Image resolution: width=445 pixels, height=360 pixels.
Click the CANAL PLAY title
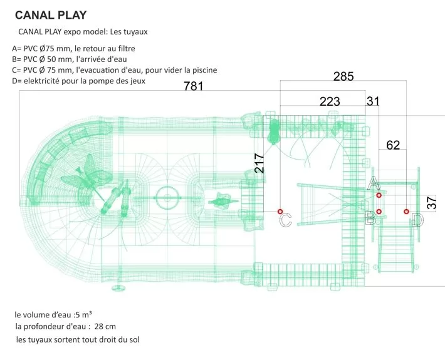click(x=50, y=14)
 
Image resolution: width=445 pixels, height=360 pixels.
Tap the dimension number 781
click(x=193, y=86)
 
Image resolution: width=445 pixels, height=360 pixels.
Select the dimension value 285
click(x=343, y=77)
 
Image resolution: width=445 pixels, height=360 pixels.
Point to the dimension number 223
click(x=330, y=101)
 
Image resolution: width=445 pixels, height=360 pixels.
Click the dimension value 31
click(x=373, y=101)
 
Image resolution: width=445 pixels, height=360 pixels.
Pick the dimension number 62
click(x=393, y=146)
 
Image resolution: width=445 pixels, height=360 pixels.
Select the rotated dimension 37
click(x=431, y=203)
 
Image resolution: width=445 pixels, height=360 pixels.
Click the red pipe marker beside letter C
click(x=280, y=211)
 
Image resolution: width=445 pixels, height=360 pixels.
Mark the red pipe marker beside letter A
click(x=379, y=196)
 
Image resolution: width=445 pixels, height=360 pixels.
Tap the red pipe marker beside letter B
click(x=379, y=211)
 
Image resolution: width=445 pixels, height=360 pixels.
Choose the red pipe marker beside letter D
click(x=406, y=212)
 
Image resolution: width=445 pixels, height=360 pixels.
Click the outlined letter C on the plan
click(x=285, y=220)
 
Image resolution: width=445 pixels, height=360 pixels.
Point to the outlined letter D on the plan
click(x=417, y=220)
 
